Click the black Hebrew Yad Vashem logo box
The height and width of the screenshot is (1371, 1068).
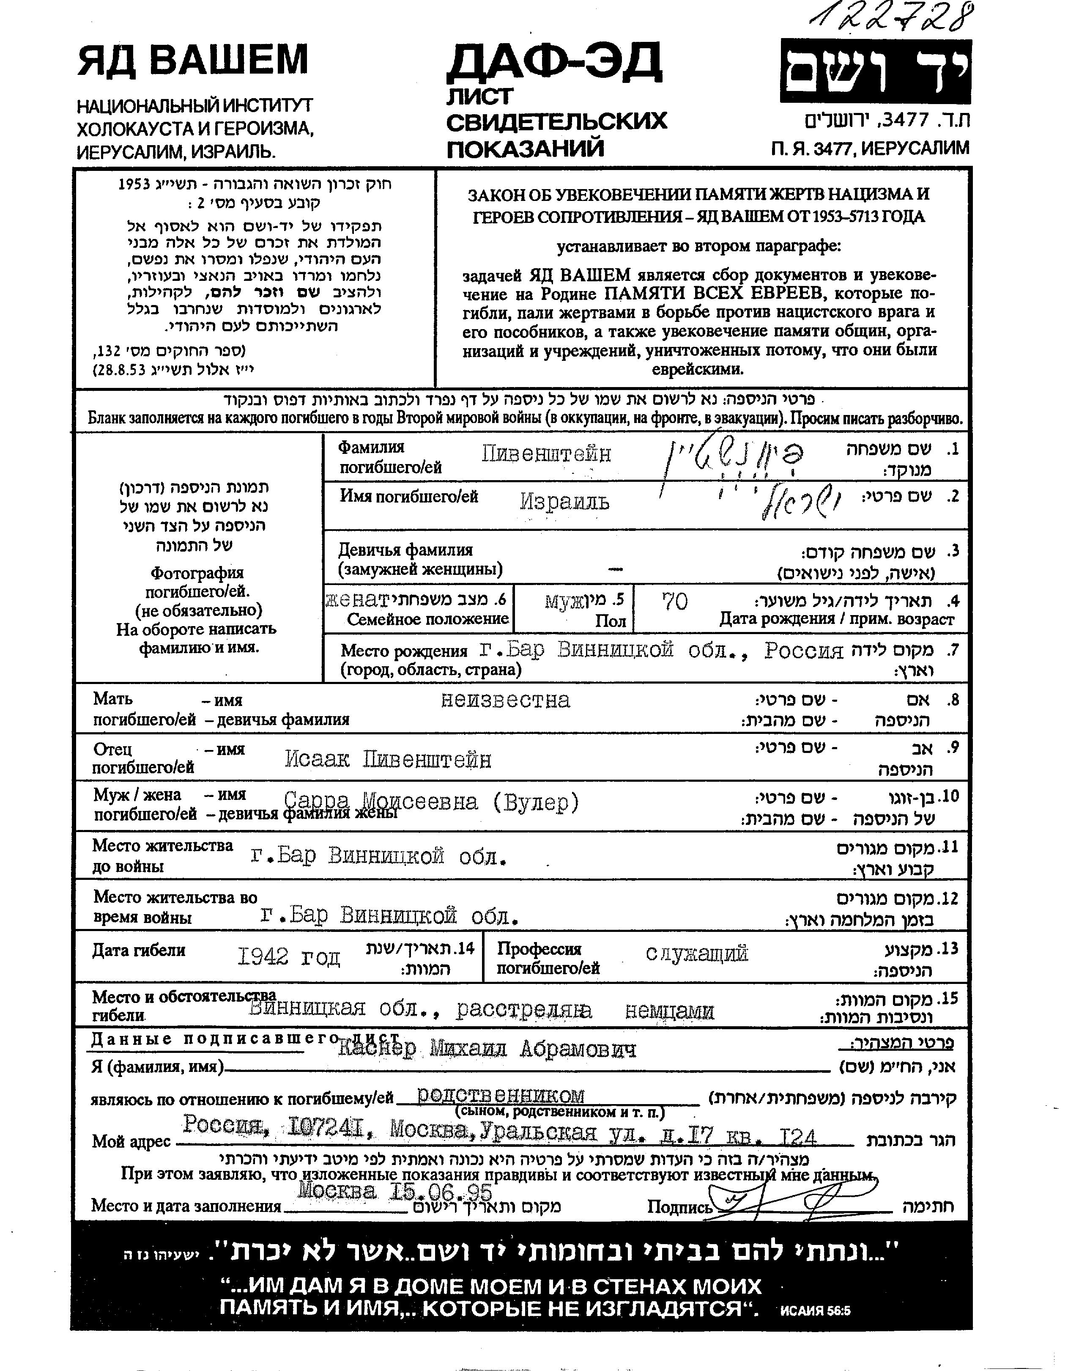[875, 71]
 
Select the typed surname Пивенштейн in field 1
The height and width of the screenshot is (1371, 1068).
[546, 454]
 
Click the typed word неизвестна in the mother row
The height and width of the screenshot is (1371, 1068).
[506, 700]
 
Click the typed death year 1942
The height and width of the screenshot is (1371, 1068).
[263, 957]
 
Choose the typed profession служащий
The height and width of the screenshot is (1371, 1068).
[696, 953]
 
